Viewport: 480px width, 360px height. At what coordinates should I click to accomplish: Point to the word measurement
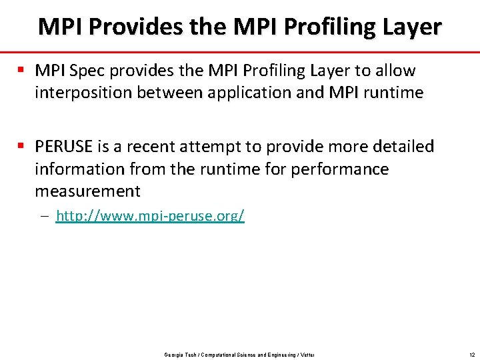coord(88,192)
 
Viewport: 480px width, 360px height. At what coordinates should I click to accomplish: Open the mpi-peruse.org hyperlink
coord(150,216)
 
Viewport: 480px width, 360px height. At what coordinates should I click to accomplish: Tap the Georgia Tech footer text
coord(239,354)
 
